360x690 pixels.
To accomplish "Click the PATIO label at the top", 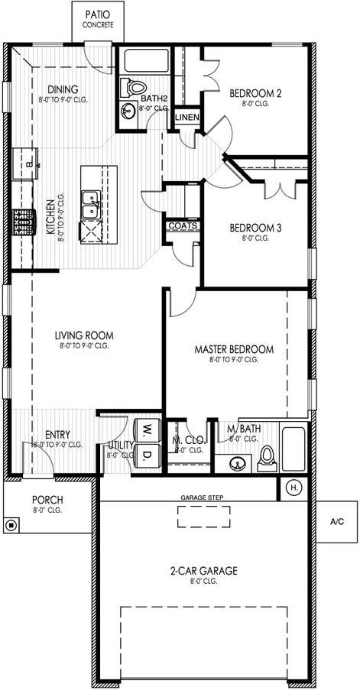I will point(99,15).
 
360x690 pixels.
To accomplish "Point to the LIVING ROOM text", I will point(84,335).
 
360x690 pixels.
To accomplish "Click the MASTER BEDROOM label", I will point(234,349).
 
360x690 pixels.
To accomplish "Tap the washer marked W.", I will point(146,430).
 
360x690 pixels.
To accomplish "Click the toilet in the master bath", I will point(266,456).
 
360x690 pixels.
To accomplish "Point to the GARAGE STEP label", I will point(202,497).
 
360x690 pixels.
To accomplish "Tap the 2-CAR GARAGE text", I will point(204,570).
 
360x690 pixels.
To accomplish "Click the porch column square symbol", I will point(11,525).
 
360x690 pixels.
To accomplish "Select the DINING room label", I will point(63,89).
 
